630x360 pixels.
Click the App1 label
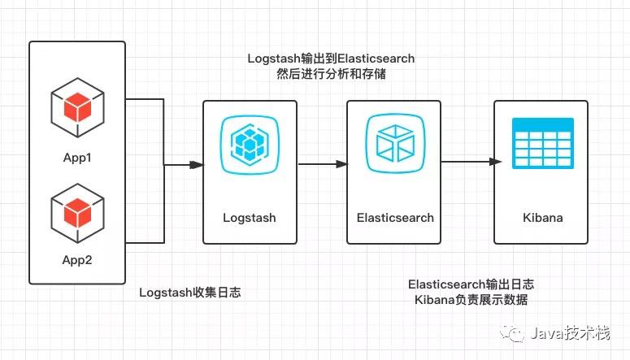tap(77, 158)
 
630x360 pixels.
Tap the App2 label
tap(77, 260)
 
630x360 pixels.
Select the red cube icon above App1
tap(77, 108)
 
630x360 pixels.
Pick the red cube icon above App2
tap(77, 214)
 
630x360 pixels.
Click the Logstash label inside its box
tap(250, 218)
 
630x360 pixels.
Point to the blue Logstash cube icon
tap(250, 145)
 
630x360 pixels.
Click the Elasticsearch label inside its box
tap(395, 218)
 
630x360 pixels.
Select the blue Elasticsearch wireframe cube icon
tap(395, 144)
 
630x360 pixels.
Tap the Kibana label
tap(543, 218)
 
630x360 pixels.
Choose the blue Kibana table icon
tap(543, 143)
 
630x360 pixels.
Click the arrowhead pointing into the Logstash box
tap(197, 165)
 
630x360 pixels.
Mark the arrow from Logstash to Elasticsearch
tap(323, 164)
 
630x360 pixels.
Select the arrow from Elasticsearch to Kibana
tap(471, 162)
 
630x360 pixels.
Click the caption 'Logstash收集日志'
tap(190, 292)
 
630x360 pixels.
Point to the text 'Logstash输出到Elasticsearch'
tap(331, 59)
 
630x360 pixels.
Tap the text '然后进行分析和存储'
tap(331, 74)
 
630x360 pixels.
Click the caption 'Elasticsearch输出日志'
tap(471, 284)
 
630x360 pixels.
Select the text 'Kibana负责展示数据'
tap(471, 300)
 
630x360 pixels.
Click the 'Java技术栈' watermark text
tap(571, 333)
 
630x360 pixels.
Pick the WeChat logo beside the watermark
tap(512, 333)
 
